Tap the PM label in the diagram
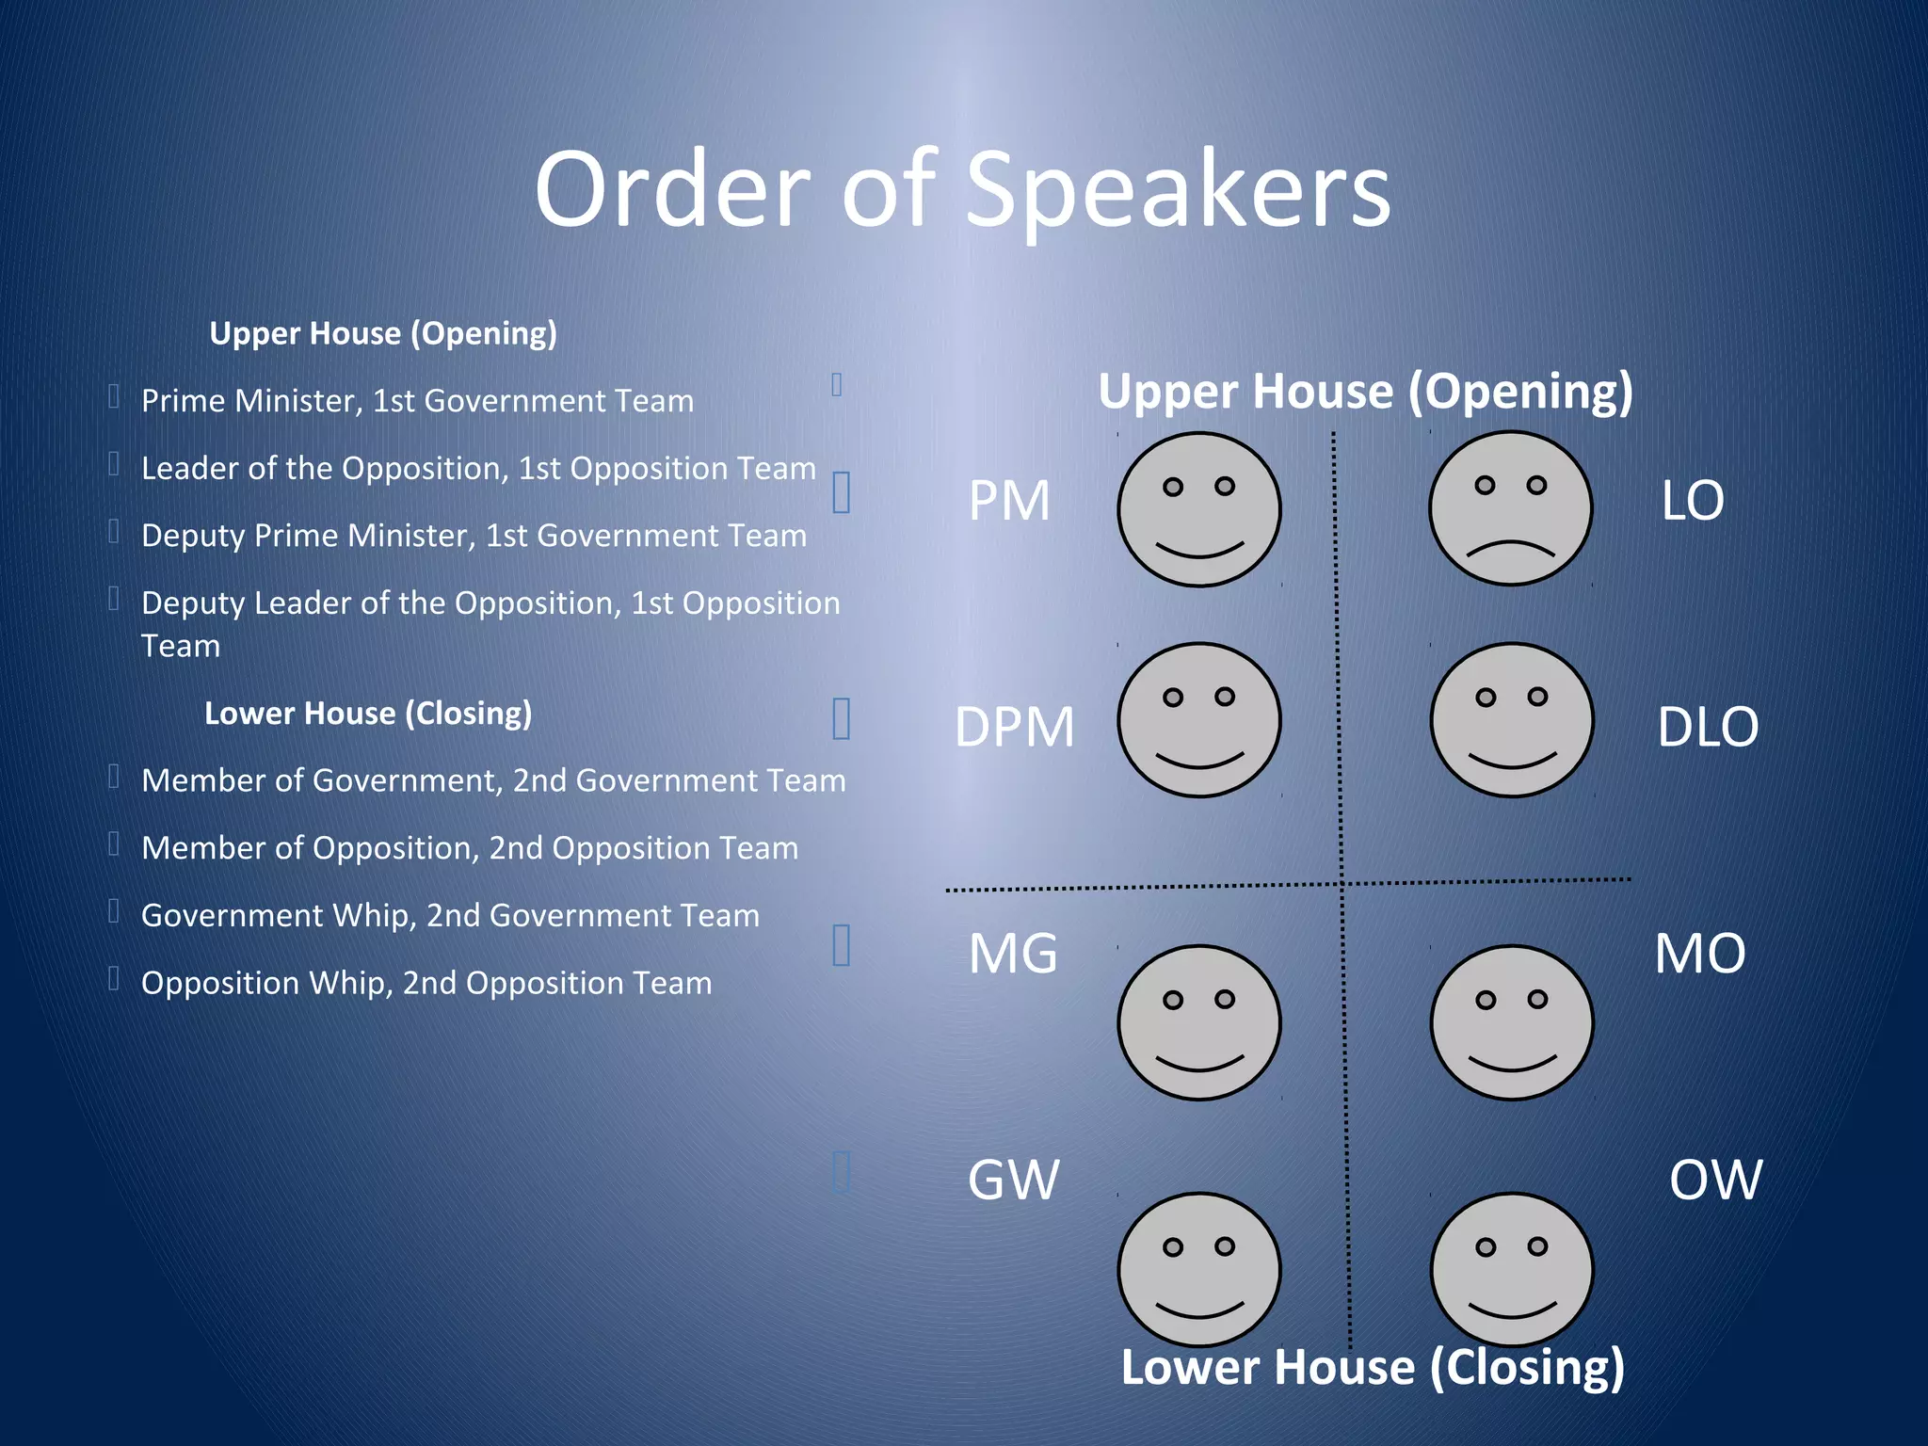coord(1009,501)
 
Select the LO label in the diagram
coord(1692,501)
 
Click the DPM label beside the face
coord(1014,727)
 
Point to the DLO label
coord(1707,727)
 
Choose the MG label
coord(1013,954)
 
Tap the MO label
coord(1699,954)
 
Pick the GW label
coord(1013,1180)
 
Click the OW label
coord(1714,1180)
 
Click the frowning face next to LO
coord(1510,509)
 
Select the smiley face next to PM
coord(1198,509)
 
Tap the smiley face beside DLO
coord(1511,720)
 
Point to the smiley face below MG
coord(1198,1022)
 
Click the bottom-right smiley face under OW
coord(1511,1270)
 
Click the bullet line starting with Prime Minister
coord(417,401)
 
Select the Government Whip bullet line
coord(450,915)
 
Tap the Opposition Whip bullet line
coord(426,983)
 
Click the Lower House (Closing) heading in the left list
coord(368,713)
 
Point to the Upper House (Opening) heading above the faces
coord(1365,392)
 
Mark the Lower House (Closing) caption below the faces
coord(1372,1367)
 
